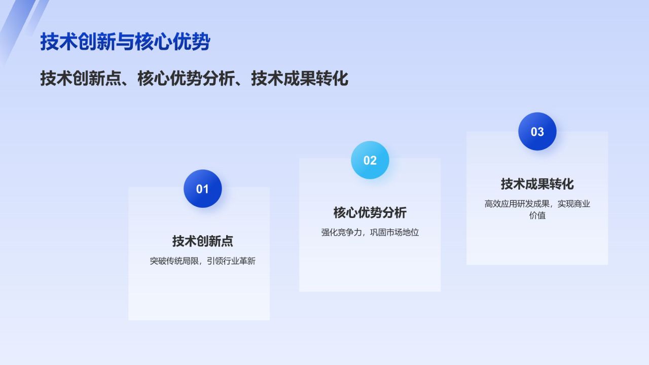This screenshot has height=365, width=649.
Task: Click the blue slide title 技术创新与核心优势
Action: coord(125,42)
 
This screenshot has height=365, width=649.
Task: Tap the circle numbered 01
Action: coord(202,189)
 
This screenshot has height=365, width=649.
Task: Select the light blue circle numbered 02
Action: coord(370,160)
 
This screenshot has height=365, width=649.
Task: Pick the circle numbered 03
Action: coord(537,132)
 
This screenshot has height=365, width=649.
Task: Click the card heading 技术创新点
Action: coord(202,241)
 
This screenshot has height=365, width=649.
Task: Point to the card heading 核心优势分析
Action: coord(370,212)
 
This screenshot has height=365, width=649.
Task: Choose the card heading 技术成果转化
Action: coord(537,184)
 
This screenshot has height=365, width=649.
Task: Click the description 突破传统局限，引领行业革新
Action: coord(202,262)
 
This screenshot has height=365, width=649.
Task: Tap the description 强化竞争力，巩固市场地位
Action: coord(370,233)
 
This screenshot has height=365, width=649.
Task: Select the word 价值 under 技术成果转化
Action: coord(537,215)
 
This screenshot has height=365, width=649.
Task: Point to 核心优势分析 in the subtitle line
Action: coord(186,79)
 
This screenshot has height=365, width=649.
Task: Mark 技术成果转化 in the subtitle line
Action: coord(299,79)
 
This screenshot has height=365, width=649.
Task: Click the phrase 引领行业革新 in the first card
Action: coord(231,262)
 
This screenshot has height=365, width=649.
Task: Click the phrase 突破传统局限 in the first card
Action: coord(174,262)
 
